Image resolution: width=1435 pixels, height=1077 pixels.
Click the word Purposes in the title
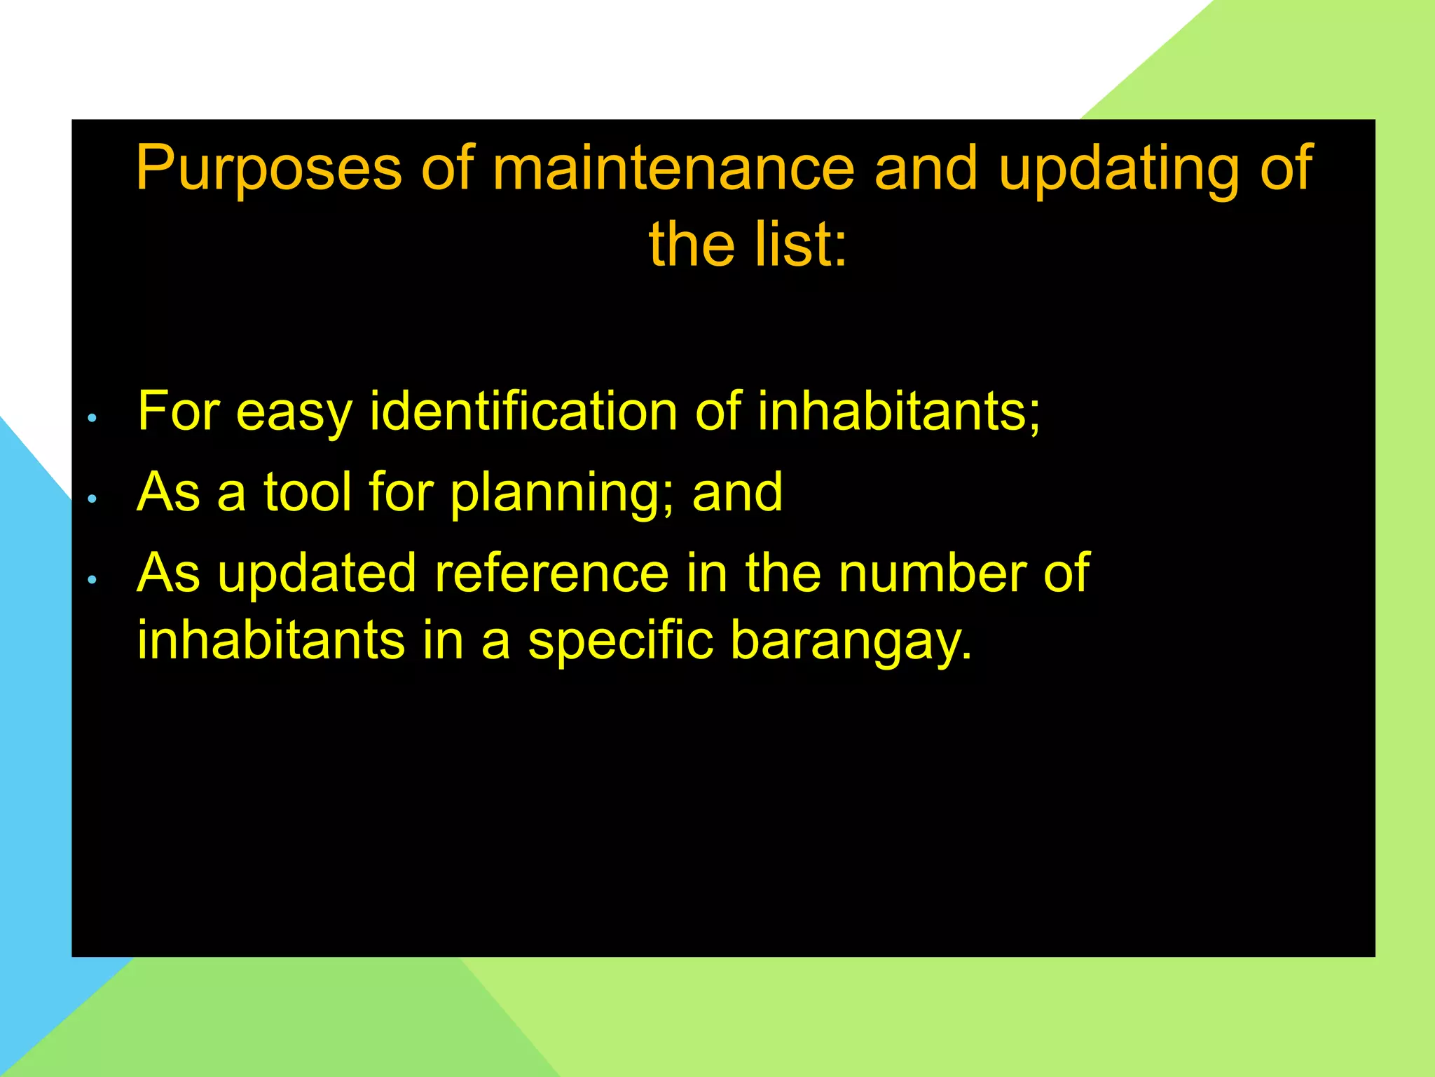[268, 168]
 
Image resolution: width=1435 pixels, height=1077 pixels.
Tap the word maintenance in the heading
[673, 168]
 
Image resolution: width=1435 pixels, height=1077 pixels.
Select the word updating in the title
[1118, 168]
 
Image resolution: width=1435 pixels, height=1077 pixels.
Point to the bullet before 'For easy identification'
[92, 419]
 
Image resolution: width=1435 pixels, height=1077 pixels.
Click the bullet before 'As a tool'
[92, 499]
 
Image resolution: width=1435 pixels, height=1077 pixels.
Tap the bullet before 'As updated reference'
[92, 580]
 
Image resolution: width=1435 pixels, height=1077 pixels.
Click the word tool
[308, 492]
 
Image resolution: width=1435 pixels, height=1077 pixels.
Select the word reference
[552, 574]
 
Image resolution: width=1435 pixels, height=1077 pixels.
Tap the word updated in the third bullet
[317, 574]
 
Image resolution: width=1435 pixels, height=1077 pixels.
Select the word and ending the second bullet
[737, 492]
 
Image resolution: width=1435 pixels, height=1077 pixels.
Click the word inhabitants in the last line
[271, 639]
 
